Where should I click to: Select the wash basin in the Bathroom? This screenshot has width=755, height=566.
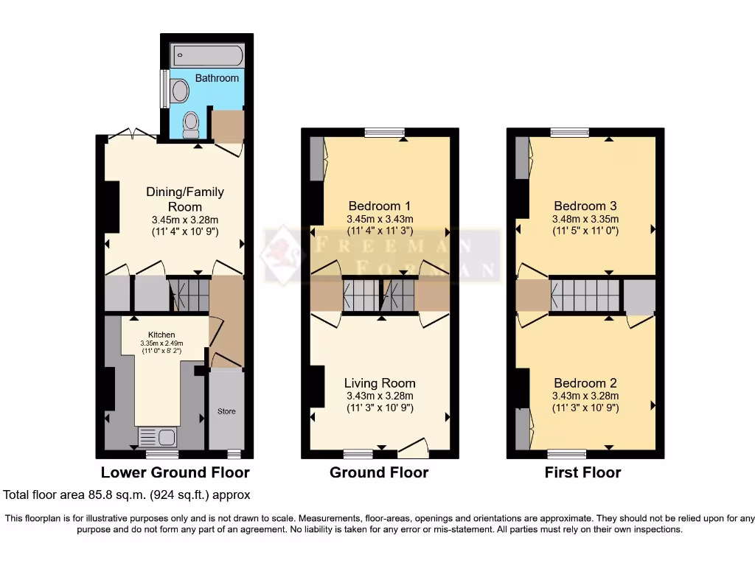178,91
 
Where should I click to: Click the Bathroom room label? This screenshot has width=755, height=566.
217,78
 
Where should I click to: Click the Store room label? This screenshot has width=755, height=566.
226,411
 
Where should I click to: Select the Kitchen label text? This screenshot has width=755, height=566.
161,335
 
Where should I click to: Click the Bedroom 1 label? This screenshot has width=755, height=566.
380,206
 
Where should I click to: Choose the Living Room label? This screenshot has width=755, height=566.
380,383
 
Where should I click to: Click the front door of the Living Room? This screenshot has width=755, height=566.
413,448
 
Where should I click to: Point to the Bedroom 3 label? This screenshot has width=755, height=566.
585,206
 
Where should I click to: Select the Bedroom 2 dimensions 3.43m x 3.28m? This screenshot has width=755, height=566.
585,396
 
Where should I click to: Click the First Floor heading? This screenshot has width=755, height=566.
582,472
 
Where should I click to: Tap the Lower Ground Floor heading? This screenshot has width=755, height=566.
175,472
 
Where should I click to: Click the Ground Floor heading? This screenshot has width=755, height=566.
379,472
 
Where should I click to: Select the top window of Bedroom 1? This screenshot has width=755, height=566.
384,133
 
